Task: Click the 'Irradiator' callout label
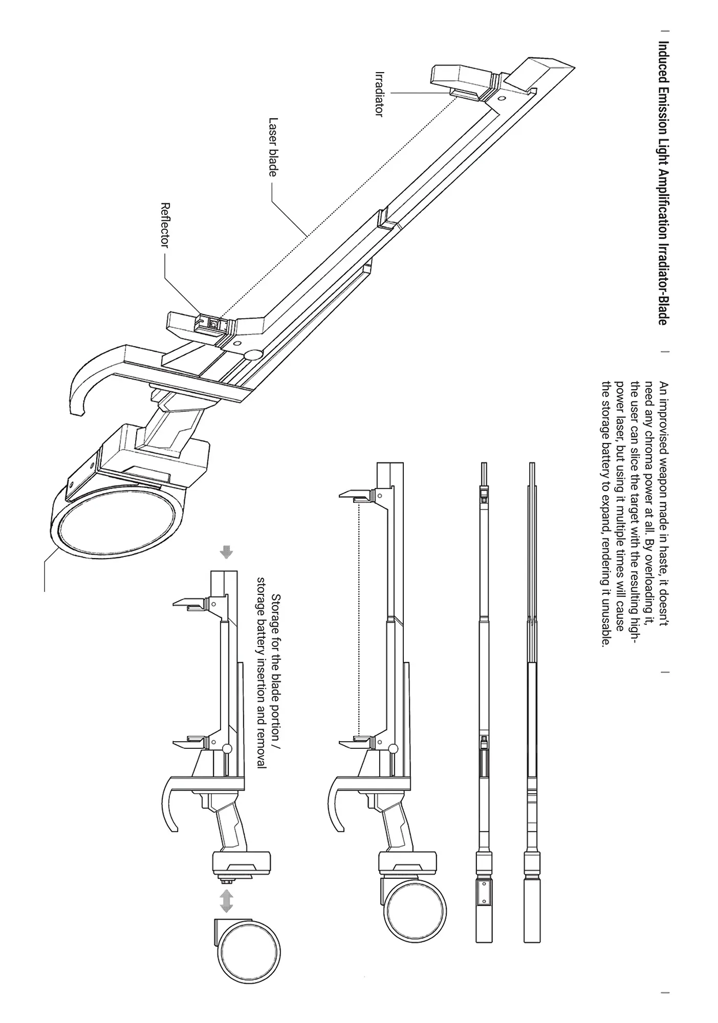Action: [379, 94]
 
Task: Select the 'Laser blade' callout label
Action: [273, 147]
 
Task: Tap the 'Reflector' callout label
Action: [165, 225]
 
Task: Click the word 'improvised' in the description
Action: [663, 415]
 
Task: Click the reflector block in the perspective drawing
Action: [197, 325]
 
